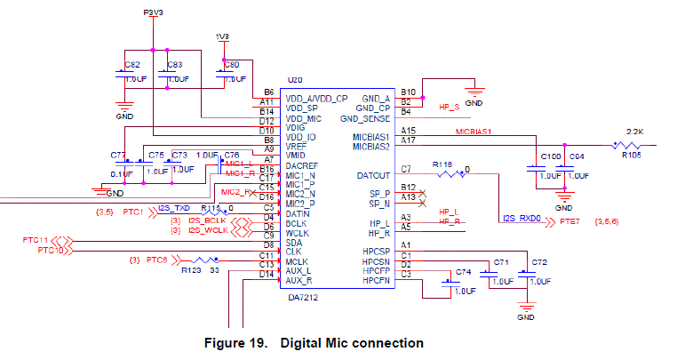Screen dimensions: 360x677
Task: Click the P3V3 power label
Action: pyautogui.click(x=154, y=12)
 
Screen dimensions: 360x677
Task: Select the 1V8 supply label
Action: pyautogui.click(x=222, y=36)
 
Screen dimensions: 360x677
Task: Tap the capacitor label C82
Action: pyautogui.click(x=132, y=65)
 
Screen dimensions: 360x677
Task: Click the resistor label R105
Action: pyautogui.click(x=631, y=154)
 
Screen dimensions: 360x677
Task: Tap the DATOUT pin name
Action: pyautogui.click(x=372, y=175)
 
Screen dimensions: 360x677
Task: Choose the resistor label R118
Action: pyautogui.click(x=442, y=165)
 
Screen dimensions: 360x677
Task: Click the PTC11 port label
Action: pyautogui.click(x=36, y=241)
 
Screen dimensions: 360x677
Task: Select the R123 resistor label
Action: pyautogui.click(x=189, y=273)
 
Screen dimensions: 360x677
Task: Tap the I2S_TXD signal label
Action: pyautogui.click(x=173, y=208)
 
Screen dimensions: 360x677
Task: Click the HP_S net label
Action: pyautogui.click(x=450, y=107)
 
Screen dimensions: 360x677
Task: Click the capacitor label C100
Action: pyautogui.click(x=551, y=157)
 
